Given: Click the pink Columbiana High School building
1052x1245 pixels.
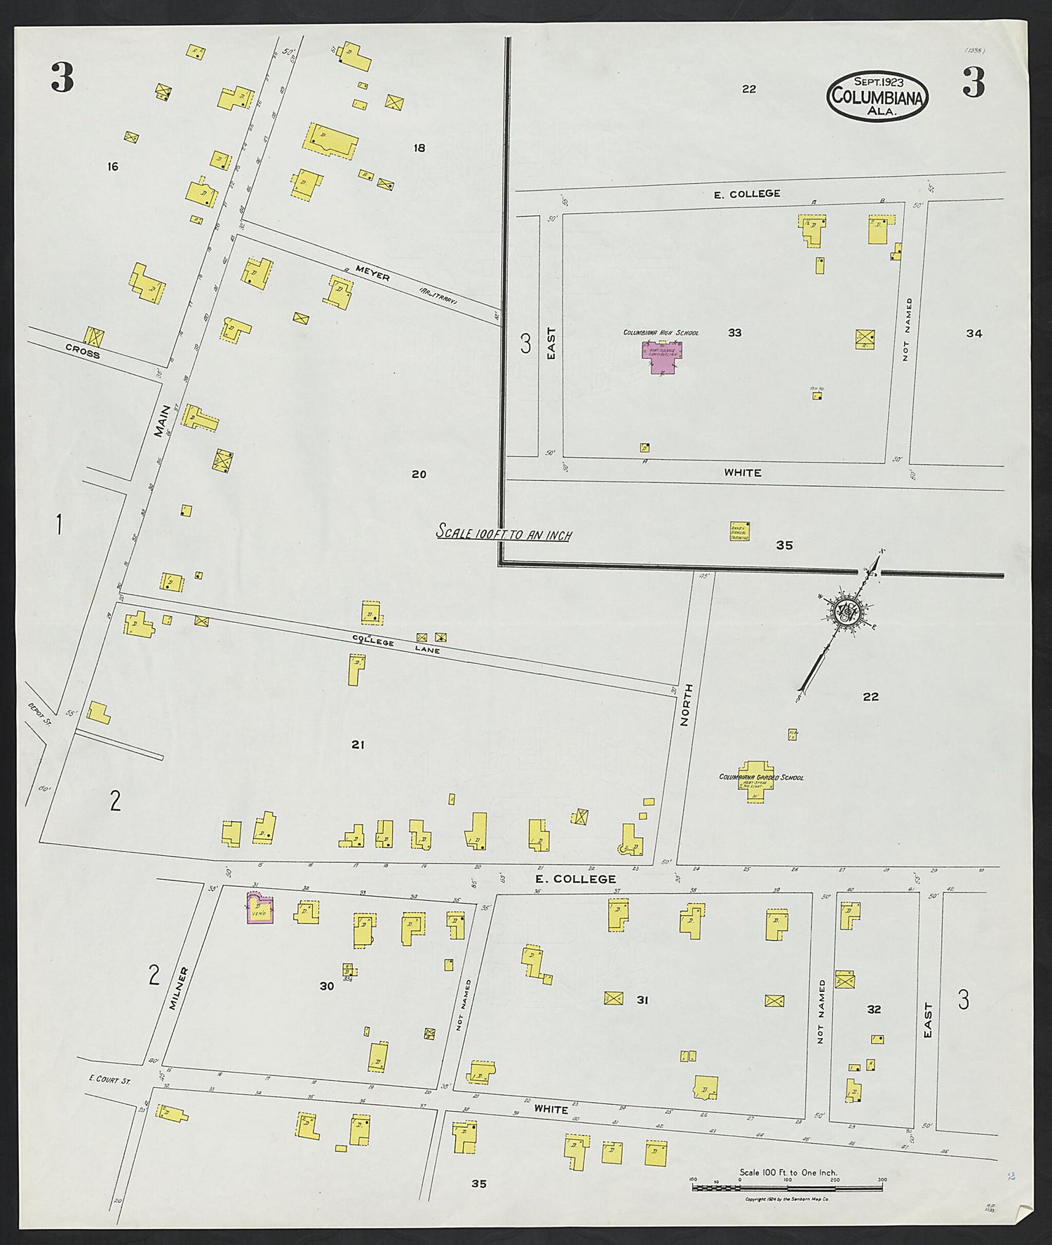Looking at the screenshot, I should (x=660, y=355).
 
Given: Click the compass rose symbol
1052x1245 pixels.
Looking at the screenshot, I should (x=847, y=611).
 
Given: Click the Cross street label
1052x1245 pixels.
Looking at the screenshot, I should (x=83, y=351).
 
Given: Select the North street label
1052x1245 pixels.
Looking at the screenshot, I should (x=687, y=708).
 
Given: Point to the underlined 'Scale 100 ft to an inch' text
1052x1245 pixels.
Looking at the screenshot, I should (x=504, y=534).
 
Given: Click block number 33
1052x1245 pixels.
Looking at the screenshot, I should (x=734, y=333).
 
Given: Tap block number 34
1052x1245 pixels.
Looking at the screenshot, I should (x=973, y=334).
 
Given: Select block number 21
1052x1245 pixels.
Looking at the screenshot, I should (x=358, y=744).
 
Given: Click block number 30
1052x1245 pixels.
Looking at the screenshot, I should (x=327, y=986).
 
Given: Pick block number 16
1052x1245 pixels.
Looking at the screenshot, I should (x=112, y=166).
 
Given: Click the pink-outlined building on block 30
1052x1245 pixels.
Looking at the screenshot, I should (x=259, y=909).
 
